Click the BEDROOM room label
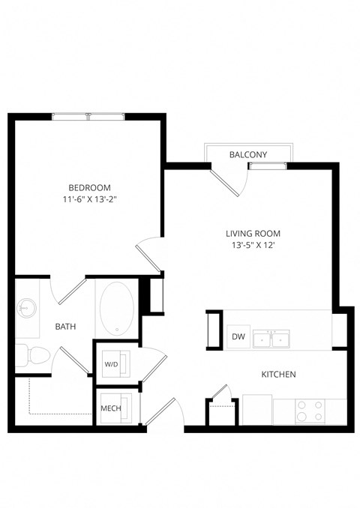[89, 187]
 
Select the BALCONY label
[248, 154]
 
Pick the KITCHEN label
[278, 374]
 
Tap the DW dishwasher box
[238, 337]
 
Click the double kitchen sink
[271, 339]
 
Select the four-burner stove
[310, 411]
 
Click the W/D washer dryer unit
[112, 364]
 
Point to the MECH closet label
[111, 409]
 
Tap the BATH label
[66, 327]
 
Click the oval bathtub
[116, 309]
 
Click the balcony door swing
[226, 184]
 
